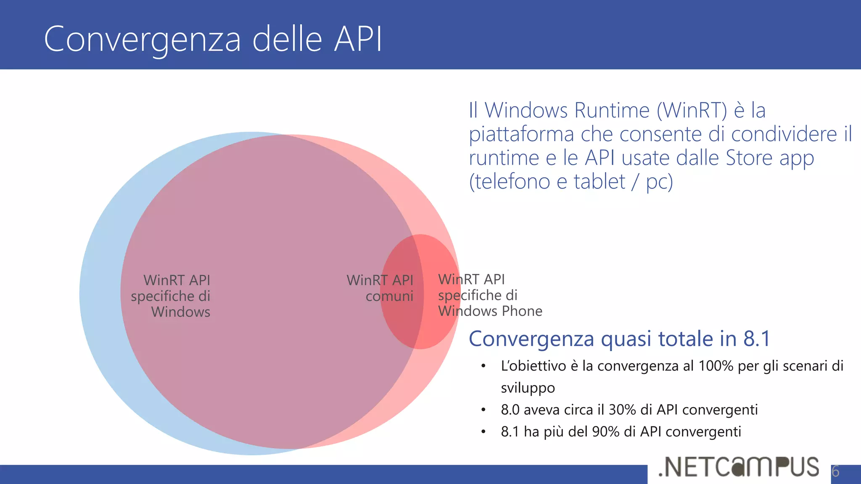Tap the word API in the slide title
point(358,39)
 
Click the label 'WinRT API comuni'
point(380,288)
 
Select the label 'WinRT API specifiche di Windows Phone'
point(490,295)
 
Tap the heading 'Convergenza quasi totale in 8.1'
point(619,339)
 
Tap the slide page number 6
point(835,471)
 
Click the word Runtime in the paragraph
point(612,110)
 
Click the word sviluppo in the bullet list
point(528,388)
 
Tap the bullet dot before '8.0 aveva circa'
point(483,410)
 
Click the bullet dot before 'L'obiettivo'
point(483,366)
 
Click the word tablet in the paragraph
point(600,182)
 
